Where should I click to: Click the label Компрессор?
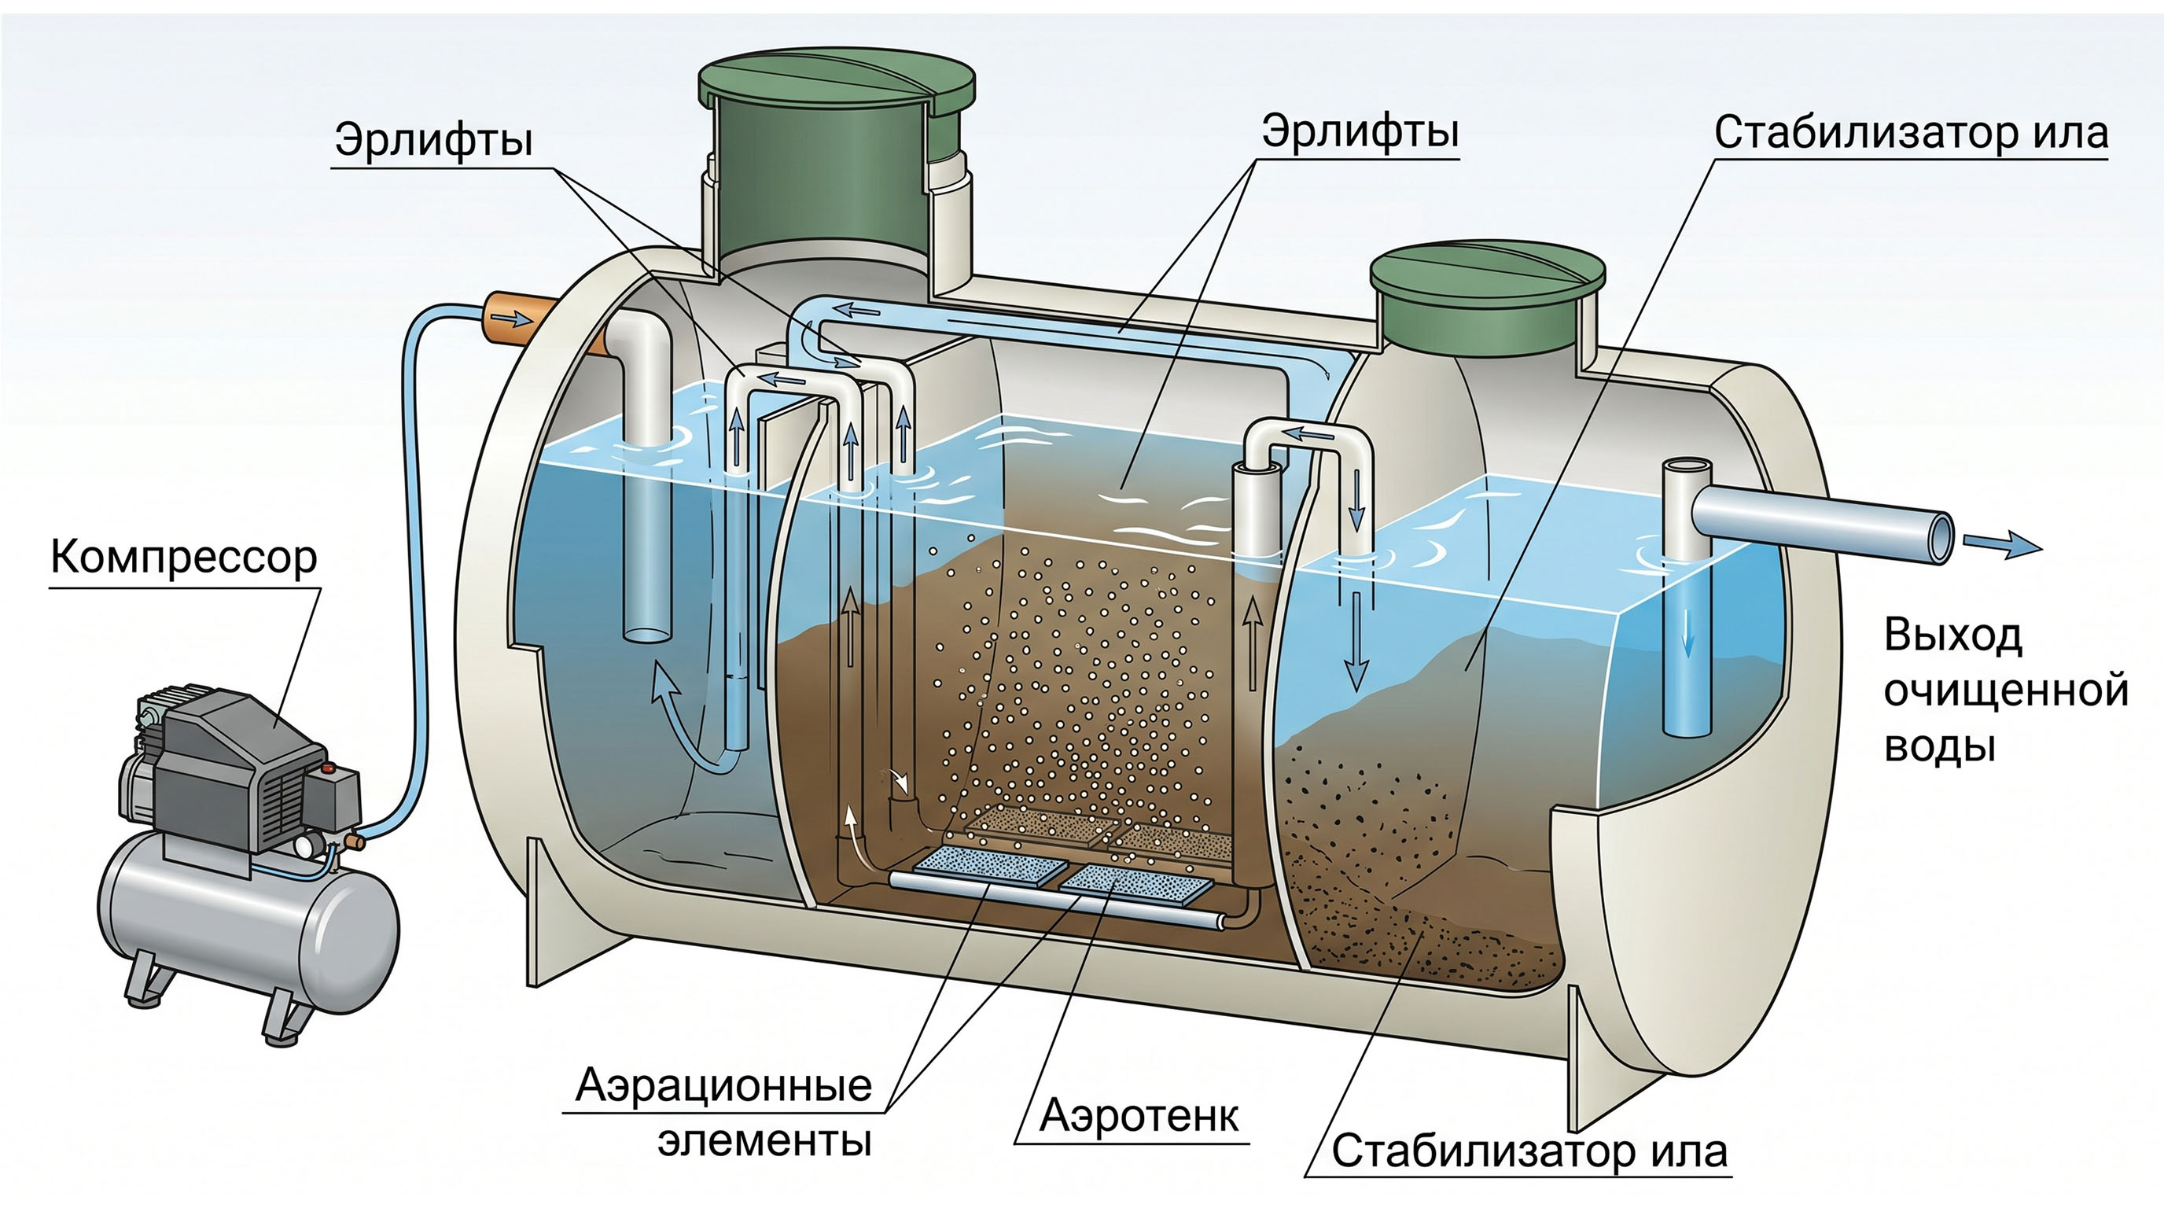coord(184,557)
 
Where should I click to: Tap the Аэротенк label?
coord(1139,1116)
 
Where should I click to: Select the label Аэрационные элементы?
coord(723,1112)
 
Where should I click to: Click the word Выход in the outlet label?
coord(1952,635)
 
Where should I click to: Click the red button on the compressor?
coord(329,766)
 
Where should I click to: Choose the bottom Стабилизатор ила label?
coord(1529,1151)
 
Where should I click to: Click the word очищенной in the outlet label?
coord(2006,691)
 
